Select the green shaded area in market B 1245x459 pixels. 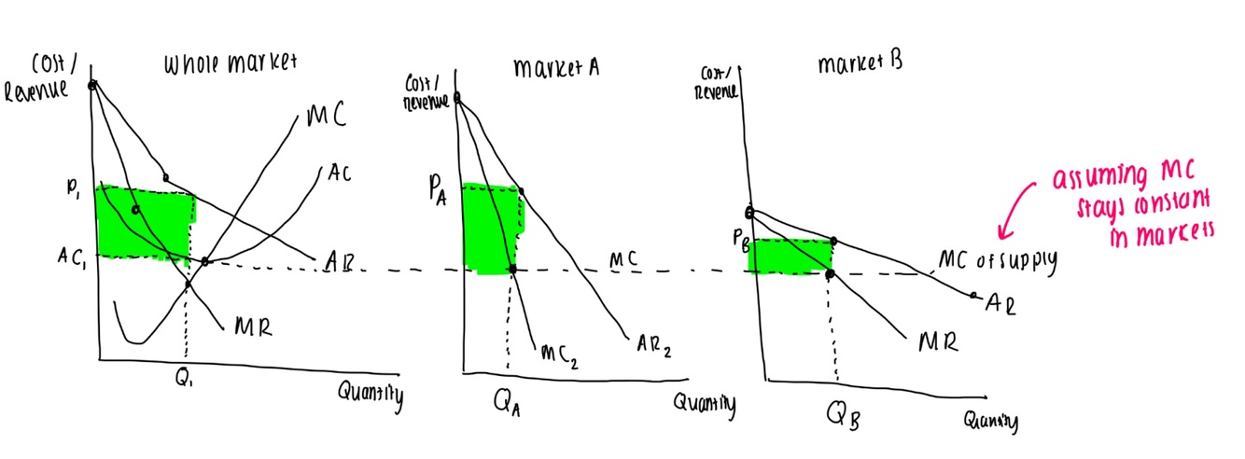pos(789,257)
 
